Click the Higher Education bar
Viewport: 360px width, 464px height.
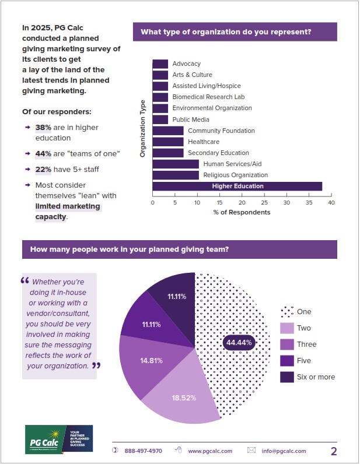(x=237, y=187)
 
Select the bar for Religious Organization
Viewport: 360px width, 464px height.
(x=175, y=175)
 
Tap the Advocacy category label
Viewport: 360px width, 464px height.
(x=186, y=64)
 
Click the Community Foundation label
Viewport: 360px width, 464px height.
(x=221, y=131)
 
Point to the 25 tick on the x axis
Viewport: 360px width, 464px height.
(x=264, y=203)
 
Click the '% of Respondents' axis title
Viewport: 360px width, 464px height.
(x=242, y=212)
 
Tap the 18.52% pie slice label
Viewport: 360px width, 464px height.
(x=184, y=398)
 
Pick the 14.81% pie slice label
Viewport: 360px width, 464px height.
(x=151, y=361)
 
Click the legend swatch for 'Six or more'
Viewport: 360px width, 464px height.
(x=287, y=377)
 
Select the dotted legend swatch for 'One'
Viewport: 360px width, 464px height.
(x=287, y=311)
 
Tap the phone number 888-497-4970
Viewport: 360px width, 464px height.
(x=143, y=451)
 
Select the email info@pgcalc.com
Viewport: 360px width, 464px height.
(x=284, y=451)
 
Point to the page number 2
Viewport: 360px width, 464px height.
(x=334, y=451)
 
